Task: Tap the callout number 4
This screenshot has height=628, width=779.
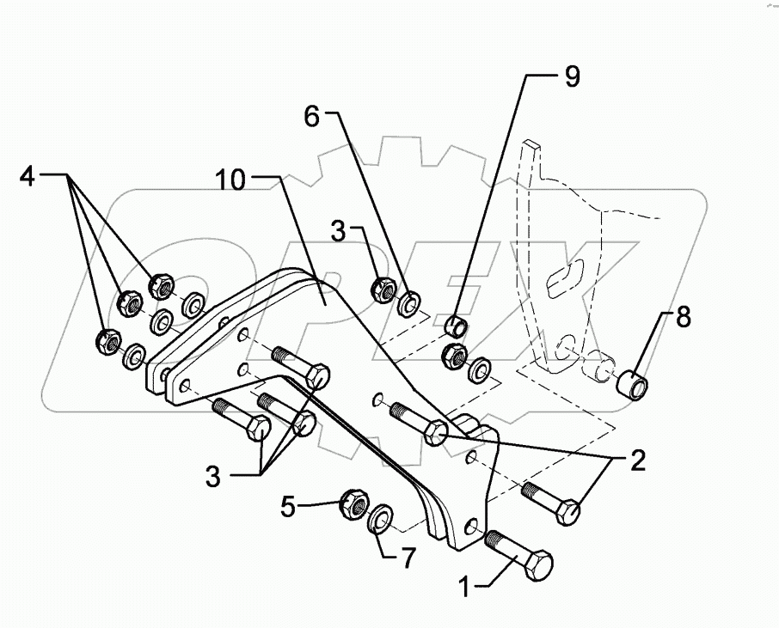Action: [28, 179]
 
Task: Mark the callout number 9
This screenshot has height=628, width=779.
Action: [572, 76]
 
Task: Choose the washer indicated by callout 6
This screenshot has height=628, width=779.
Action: [408, 301]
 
